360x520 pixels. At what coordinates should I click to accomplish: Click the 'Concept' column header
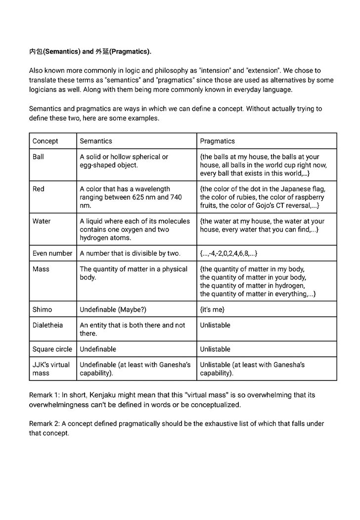(45, 141)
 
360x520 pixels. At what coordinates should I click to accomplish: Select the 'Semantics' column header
(96, 141)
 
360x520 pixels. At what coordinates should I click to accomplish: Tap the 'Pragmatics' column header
(218, 141)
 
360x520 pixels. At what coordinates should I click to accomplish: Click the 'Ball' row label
(38, 157)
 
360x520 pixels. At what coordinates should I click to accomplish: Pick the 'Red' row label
(38, 189)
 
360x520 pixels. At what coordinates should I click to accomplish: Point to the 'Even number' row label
(52, 253)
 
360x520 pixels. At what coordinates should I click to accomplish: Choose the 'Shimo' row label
(42, 310)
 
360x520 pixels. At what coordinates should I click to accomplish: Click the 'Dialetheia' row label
(48, 326)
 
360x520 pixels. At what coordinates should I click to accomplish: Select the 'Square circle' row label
(52, 349)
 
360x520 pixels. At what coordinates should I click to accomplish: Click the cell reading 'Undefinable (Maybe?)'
(113, 310)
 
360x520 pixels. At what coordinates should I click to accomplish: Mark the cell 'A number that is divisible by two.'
(130, 253)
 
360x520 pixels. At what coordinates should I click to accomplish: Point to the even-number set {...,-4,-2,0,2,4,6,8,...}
(228, 253)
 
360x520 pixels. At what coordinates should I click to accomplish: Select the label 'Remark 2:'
(45, 424)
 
